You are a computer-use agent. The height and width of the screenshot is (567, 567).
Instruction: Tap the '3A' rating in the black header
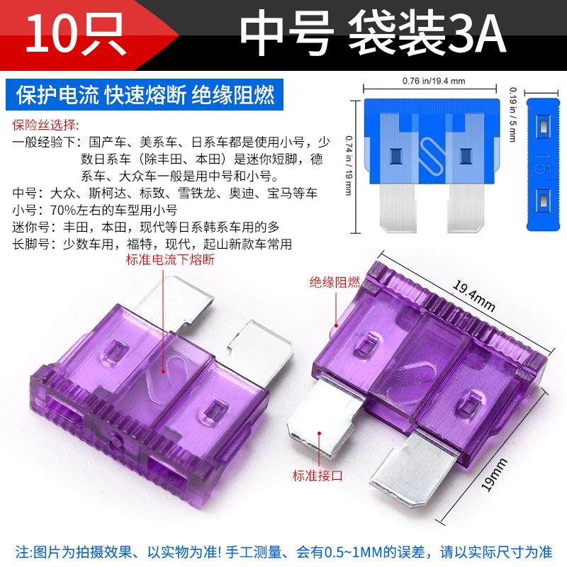[x=476, y=34]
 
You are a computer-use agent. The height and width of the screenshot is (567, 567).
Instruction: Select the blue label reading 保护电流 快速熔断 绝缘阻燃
[x=145, y=95]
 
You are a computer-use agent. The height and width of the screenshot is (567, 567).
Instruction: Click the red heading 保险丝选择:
[x=45, y=125]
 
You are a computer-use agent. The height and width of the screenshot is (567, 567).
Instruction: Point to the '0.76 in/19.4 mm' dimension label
[x=434, y=81]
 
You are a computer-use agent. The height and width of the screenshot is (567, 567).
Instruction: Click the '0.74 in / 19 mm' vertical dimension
[x=349, y=165]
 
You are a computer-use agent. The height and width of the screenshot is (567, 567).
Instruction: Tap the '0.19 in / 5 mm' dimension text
[x=512, y=114]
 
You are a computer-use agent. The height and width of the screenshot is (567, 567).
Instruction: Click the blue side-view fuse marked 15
[x=542, y=164]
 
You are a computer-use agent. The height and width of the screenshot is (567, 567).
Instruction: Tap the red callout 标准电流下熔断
[x=170, y=259]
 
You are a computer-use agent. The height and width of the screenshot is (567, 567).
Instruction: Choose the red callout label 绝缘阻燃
[x=335, y=282]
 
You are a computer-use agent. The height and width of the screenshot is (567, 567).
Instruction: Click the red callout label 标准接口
[x=318, y=475]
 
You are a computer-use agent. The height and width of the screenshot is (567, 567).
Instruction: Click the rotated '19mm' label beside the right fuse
[x=494, y=475]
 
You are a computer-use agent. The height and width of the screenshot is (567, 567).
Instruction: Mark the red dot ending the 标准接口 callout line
[x=320, y=433]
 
